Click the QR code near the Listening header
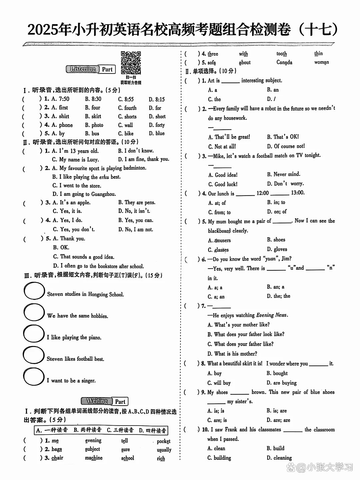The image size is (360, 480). point(131,63)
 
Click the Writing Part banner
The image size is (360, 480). point(104,401)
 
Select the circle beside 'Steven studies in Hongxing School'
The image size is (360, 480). point(34,291)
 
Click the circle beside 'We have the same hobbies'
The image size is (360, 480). point(34,312)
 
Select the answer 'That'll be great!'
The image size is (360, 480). point(229,137)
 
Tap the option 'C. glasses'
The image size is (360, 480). point(218,250)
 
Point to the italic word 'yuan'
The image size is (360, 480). point(270,259)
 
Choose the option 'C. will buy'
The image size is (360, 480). point(219,383)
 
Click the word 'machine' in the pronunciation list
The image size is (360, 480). point(94,458)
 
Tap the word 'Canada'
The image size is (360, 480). point(284,62)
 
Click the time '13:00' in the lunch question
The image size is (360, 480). point(298,193)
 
